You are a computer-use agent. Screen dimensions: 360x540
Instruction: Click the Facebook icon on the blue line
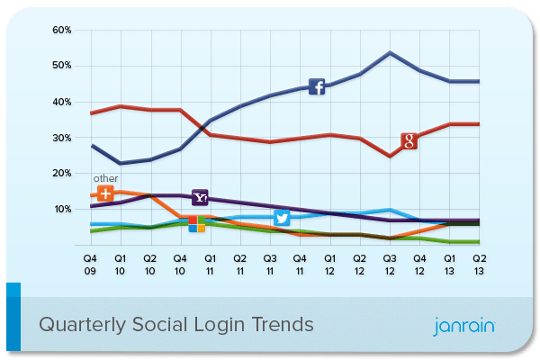(x=317, y=86)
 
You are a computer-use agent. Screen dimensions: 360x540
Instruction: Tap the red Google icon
(x=409, y=140)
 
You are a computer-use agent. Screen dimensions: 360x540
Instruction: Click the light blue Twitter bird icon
(x=282, y=219)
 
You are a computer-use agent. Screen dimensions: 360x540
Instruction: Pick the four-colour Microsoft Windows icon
(x=196, y=223)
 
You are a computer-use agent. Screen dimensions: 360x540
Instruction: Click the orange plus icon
(x=105, y=193)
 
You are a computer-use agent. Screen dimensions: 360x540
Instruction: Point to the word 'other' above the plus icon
(x=105, y=178)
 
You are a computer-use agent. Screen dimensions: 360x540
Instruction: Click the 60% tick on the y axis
(x=61, y=30)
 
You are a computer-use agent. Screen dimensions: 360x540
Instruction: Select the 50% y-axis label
(x=61, y=66)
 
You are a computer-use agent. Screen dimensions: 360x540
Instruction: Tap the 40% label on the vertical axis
(x=61, y=102)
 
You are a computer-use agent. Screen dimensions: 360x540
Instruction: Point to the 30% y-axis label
(x=61, y=138)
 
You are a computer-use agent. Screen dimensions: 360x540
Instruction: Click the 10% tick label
(x=61, y=209)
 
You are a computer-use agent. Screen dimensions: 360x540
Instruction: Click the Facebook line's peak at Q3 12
(x=389, y=52)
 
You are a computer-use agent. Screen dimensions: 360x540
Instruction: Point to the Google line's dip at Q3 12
(x=389, y=156)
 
